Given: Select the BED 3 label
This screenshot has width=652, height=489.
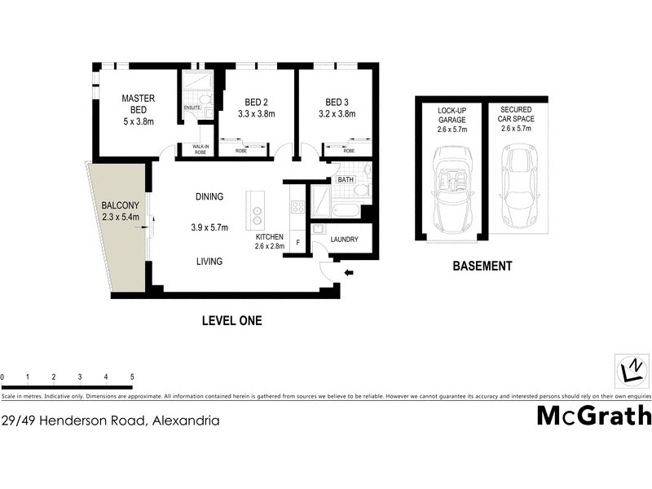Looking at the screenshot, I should [337, 102].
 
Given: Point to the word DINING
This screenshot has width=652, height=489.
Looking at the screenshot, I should [209, 197].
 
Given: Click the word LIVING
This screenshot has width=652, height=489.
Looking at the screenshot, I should [209, 262].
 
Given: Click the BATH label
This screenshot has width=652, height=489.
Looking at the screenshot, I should [346, 179].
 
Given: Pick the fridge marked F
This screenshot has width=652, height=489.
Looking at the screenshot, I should [299, 242].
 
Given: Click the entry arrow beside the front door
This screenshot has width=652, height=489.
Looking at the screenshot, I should [349, 273].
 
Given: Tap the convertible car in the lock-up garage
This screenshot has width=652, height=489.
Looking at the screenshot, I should [449, 187].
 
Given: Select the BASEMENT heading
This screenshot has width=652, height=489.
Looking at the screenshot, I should [483, 266].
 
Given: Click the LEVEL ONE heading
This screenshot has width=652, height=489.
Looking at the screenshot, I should [231, 321].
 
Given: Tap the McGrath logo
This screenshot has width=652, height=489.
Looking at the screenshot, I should [593, 416].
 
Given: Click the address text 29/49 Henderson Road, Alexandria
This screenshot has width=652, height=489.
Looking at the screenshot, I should [110, 421].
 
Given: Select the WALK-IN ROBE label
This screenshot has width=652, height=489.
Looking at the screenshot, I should [200, 149].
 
